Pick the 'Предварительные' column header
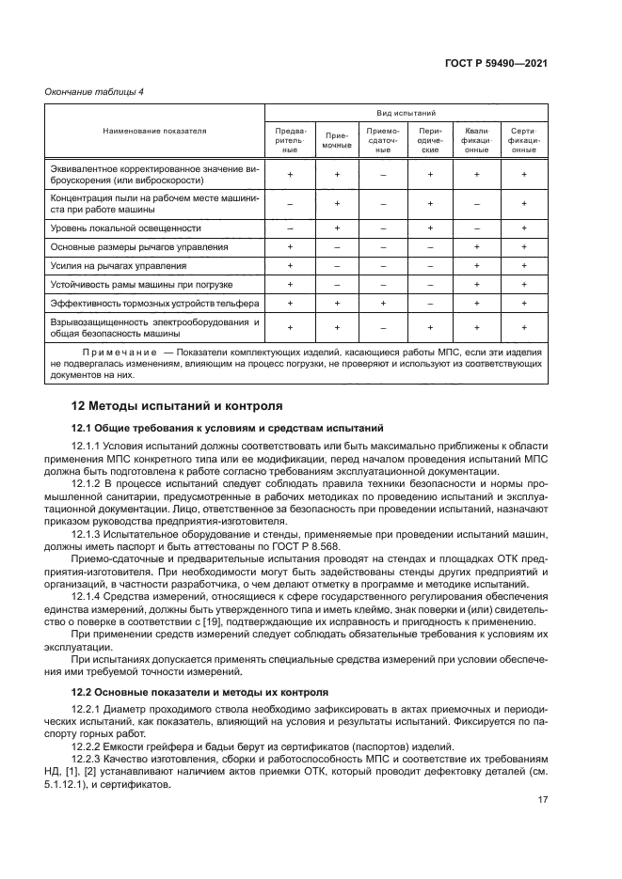[290, 140]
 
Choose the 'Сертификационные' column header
[524, 140]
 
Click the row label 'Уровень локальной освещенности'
[125, 228]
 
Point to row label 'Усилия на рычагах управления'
[118, 265]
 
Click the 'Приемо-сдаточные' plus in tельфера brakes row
[383, 303]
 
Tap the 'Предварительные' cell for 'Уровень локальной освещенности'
[290, 228]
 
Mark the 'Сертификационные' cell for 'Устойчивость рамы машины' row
[524, 284]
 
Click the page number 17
[544, 799]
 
